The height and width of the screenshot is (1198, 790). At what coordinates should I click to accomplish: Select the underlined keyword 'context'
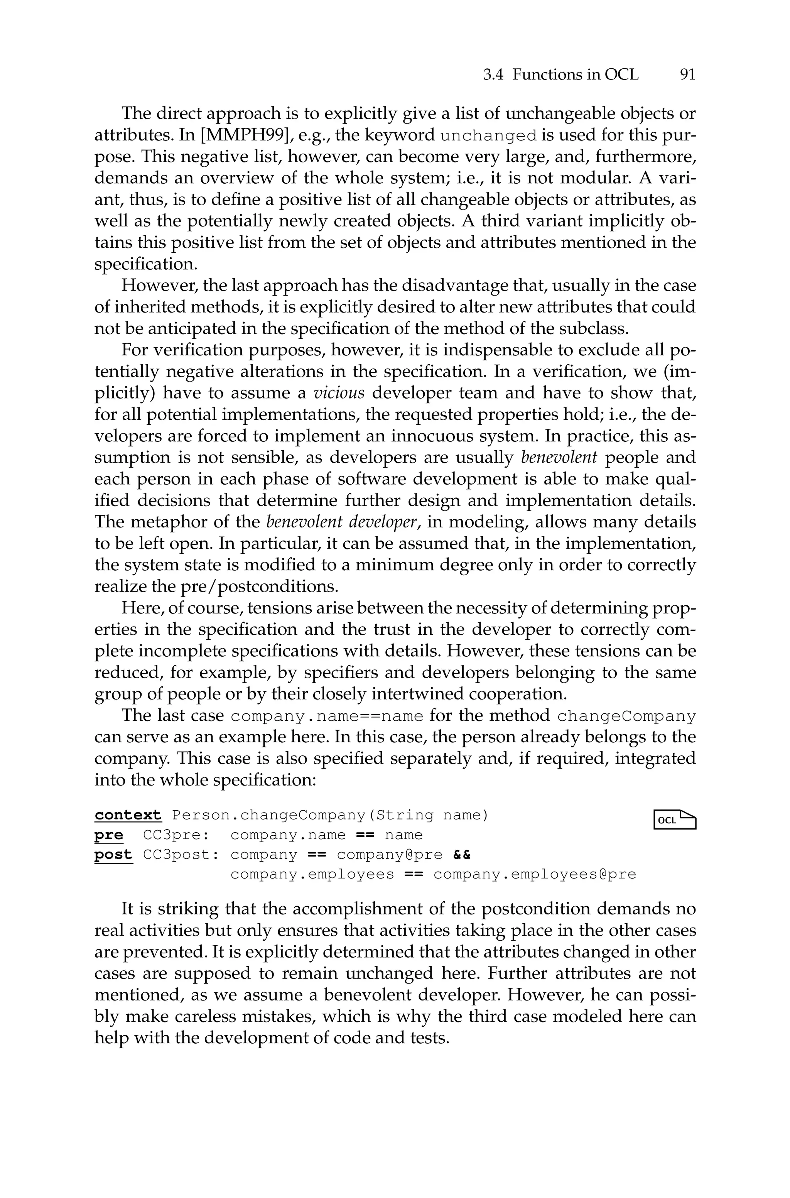(x=128, y=815)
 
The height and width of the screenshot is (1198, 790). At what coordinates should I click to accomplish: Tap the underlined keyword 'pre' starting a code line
(x=108, y=835)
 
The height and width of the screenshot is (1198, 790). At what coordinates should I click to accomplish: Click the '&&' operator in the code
(x=462, y=855)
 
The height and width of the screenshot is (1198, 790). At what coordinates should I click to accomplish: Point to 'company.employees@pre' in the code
(x=535, y=875)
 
